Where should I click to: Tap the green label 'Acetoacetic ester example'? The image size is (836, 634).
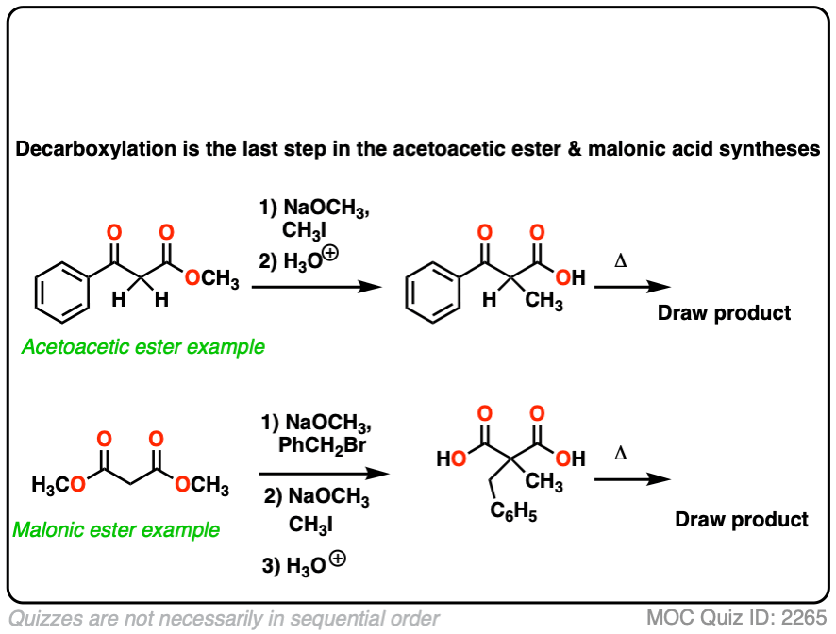pyautogui.click(x=142, y=347)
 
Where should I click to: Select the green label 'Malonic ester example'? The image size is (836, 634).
pyautogui.click(x=116, y=529)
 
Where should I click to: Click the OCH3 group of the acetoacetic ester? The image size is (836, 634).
pyautogui.click(x=211, y=279)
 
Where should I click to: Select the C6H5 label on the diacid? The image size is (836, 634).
pyautogui.click(x=513, y=515)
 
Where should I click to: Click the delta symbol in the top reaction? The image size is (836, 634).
pyautogui.click(x=620, y=258)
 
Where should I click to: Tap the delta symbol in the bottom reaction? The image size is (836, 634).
pyautogui.click(x=620, y=454)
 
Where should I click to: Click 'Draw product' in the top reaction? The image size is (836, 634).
pyautogui.click(x=724, y=312)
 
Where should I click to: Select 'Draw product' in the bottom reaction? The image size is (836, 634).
pyautogui.click(x=742, y=519)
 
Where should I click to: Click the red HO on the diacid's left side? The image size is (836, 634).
pyautogui.click(x=450, y=460)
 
